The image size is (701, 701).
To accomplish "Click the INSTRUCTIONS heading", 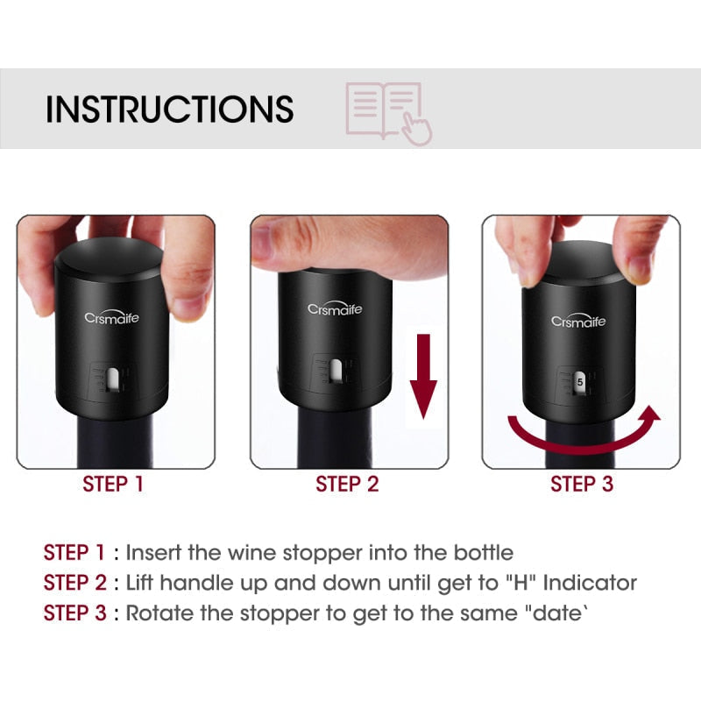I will pyautogui.click(x=169, y=109).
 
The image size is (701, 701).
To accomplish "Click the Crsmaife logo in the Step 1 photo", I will pyautogui.click(x=111, y=318).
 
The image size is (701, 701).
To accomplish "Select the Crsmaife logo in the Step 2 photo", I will pyautogui.click(x=334, y=308).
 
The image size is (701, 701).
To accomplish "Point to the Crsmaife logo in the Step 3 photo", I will pyautogui.click(x=578, y=321).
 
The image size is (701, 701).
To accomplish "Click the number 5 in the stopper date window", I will pyautogui.click(x=580, y=383).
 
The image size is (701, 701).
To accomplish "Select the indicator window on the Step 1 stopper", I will pyautogui.click(x=114, y=379).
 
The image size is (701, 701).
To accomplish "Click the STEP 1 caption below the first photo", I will pyautogui.click(x=113, y=484).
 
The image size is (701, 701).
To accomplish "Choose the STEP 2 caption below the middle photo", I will pyautogui.click(x=347, y=484).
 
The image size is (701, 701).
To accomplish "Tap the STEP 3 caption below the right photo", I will pyautogui.click(x=581, y=484).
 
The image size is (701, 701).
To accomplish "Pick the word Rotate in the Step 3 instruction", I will pyautogui.click(x=159, y=612).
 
